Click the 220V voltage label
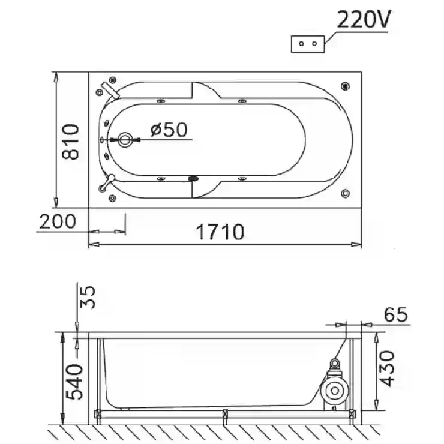click(364, 19)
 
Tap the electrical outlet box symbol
click(308, 44)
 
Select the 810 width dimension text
click(71, 142)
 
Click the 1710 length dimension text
click(220, 232)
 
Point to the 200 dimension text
click(58, 221)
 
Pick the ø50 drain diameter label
click(169, 130)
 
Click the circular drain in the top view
click(125, 140)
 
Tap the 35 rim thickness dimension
click(87, 297)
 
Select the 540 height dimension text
click(74, 382)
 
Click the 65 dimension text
click(396, 314)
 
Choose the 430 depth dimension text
click(387, 368)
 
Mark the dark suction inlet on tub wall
click(193, 179)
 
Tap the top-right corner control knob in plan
click(345, 86)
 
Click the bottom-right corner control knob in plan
click(345, 193)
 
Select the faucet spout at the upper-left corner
click(111, 90)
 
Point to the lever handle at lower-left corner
click(106, 183)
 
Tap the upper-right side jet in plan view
click(242, 101)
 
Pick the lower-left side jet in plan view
click(161, 179)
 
